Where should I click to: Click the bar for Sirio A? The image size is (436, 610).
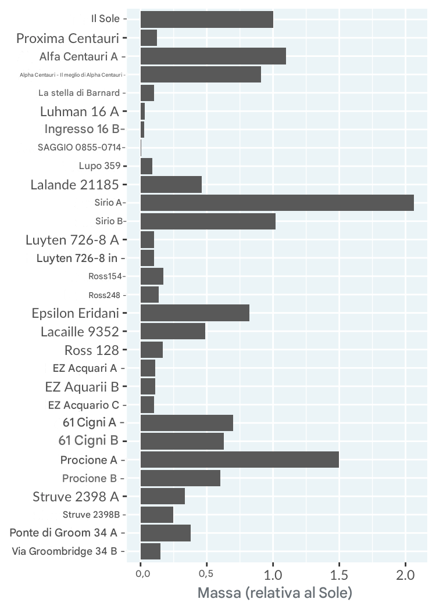[277, 203]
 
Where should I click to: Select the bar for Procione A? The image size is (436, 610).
[240, 460]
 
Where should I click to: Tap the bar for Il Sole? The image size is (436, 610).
[206, 19]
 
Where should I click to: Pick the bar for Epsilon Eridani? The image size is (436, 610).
[195, 313]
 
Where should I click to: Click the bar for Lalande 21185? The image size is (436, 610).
[171, 185]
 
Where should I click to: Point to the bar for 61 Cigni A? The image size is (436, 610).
[187, 423]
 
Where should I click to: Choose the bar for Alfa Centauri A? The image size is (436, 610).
[213, 56]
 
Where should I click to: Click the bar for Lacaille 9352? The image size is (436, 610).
[173, 331]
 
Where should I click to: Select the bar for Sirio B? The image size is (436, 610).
[208, 221]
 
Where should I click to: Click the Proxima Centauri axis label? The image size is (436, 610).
[67, 39]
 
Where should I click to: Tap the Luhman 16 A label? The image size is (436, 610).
[80, 112]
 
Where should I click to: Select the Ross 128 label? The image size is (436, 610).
[91, 350]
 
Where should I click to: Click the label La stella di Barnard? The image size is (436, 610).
[79, 93]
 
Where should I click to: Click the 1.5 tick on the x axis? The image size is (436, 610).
[339, 575]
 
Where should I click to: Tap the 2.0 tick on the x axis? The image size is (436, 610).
[405, 575]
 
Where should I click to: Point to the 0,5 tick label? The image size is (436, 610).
[207, 575]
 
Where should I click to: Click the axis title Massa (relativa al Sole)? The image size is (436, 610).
[275, 594]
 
